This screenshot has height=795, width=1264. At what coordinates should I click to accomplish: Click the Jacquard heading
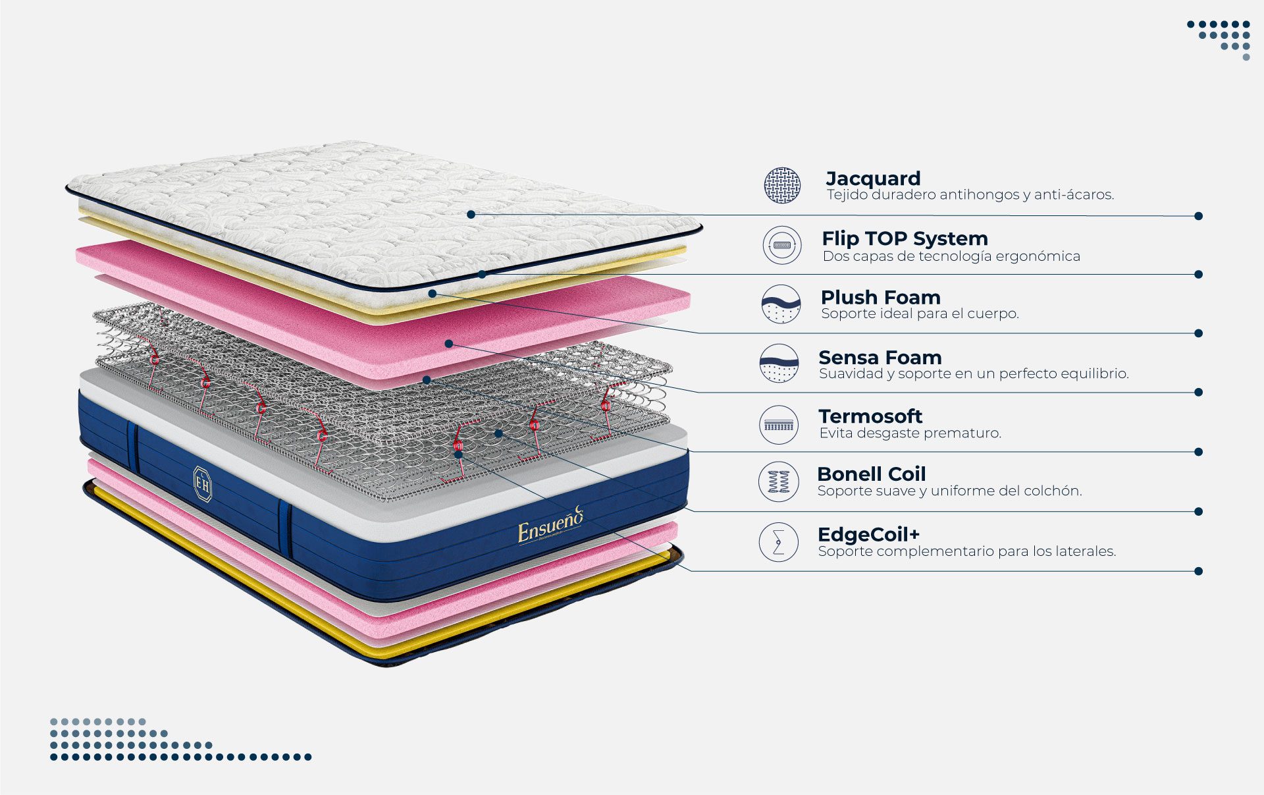click(873, 178)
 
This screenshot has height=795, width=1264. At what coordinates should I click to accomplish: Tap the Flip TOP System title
click(905, 238)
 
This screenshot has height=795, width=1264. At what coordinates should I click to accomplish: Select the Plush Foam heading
click(880, 297)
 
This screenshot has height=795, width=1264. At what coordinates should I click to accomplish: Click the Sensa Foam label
click(880, 358)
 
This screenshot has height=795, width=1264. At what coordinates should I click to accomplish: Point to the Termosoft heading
click(870, 416)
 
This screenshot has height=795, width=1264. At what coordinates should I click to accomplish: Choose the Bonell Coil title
click(871, 474)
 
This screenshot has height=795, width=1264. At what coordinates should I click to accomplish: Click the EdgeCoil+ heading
click(868, 534)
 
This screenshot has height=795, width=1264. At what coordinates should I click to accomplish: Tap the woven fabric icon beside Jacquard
click(782, 185)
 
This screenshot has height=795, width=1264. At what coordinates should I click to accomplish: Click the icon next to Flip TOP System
click(782, 245)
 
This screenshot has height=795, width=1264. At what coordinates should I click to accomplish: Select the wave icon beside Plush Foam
click(781, 304)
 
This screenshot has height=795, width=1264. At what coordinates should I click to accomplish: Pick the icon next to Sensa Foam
click(779, 363)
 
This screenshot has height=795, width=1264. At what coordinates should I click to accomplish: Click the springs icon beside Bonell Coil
click(779, 481)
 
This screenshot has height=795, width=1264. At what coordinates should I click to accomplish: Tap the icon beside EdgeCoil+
click(779, 542)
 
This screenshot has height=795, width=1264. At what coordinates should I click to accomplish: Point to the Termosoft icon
click(779, 425)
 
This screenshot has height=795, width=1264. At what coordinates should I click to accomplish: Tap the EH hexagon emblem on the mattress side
click(203, 484)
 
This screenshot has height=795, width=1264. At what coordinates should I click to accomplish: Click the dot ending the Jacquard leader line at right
click(1198, 216)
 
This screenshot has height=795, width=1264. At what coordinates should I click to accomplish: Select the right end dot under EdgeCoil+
click(1198, 571)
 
